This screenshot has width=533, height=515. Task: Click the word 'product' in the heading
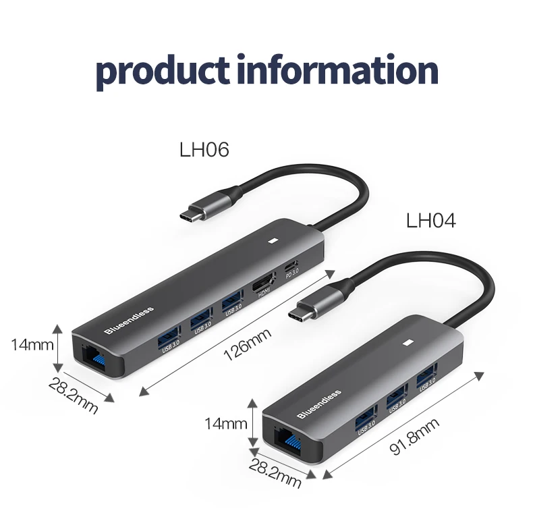165,69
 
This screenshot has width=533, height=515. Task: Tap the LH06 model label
204,149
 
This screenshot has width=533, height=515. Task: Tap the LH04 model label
430,221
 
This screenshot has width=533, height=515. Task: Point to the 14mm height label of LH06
32,344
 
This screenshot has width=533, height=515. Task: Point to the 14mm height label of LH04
226,424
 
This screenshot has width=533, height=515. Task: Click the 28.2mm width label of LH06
73,395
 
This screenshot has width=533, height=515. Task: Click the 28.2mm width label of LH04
275,472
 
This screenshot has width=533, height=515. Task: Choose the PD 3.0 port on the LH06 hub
291,267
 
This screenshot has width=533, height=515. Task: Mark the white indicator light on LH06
274,240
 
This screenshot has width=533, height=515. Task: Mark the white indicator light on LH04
409,342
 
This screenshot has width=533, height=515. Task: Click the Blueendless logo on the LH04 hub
319,404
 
